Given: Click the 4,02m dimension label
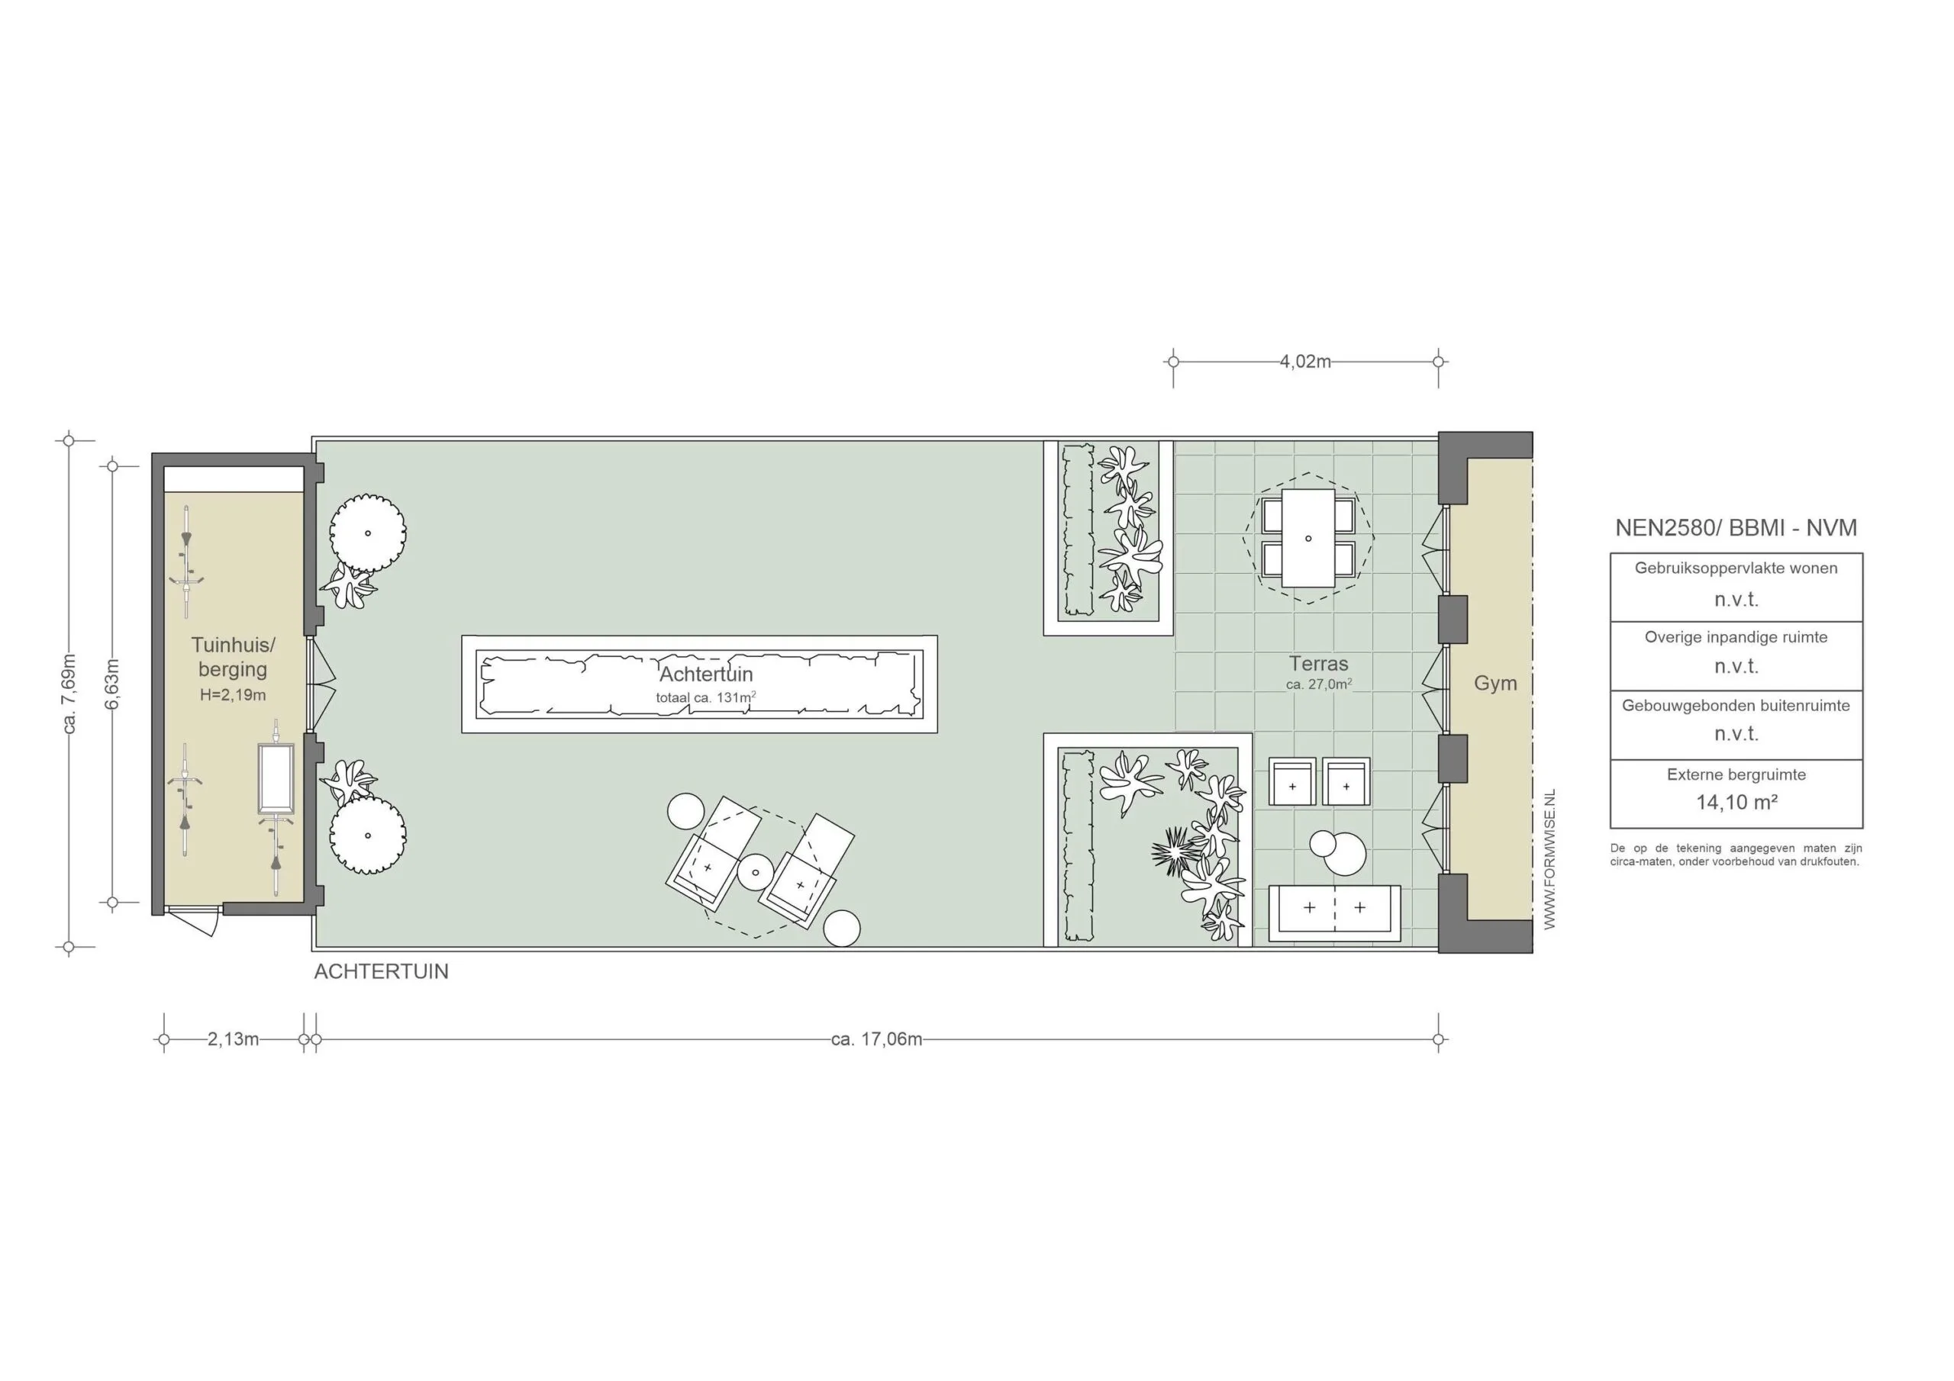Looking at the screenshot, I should (x=1304, y=362).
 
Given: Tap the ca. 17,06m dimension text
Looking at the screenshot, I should (x=875, y=1039).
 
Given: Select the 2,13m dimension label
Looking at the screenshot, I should (x=232, y=1039).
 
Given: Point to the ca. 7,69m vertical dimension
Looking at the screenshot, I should (x=69, y=694).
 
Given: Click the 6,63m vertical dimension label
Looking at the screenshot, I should (x=112, y=684).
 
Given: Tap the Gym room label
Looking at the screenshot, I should (x=1495, y=684).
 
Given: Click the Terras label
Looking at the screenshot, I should (x=1318, y=664).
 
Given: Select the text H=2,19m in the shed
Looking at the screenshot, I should (x=232, y=695).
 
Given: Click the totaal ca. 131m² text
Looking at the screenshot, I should (x=705, y=697).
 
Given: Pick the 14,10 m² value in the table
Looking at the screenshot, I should (x=1736, y=802).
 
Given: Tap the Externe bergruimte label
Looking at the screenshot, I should (x=1736, y=774).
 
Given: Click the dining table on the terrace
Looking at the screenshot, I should (x=1308, y=538).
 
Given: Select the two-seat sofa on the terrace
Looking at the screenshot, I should (x=1333, y=913).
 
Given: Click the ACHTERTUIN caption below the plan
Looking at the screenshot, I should (x=382, y=972).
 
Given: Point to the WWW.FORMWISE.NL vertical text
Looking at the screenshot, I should (x=1549, y=859).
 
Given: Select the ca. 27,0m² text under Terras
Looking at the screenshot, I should (x=1318, y=684).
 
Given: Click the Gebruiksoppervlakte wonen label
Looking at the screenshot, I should (x=1736, y=568).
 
